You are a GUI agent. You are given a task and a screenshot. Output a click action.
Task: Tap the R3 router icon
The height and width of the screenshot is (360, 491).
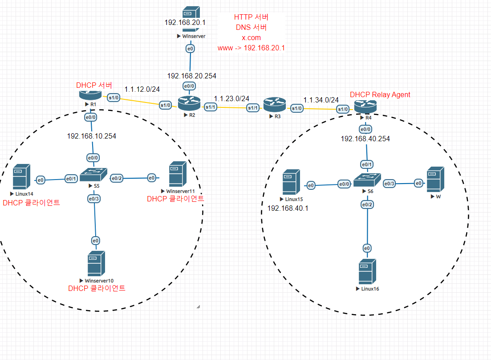point(274,105)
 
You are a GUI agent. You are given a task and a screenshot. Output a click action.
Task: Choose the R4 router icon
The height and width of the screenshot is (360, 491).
point(365,106)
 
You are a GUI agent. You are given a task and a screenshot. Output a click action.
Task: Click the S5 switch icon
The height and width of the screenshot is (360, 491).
point(93,173)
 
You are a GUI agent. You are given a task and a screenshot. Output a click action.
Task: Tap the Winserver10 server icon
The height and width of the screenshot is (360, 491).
point(96,263)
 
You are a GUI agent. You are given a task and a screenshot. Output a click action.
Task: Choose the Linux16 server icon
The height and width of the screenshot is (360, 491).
point(366,271)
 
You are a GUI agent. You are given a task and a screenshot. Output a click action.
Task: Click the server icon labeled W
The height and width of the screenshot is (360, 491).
point(435,179)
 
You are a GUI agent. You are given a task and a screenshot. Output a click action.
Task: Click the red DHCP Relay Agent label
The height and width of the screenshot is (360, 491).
point(380,94)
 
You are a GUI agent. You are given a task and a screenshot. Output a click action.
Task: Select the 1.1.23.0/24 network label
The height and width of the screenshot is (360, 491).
point(231,98)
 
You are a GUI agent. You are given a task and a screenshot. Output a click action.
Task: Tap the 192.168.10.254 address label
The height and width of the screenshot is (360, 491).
point(91,136)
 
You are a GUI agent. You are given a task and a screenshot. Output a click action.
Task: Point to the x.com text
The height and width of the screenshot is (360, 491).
point(251,38)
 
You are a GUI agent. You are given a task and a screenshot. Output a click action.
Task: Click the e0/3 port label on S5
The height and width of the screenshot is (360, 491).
point(94,198)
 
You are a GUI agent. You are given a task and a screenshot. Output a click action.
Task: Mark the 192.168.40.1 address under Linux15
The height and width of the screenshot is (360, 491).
point(288,208)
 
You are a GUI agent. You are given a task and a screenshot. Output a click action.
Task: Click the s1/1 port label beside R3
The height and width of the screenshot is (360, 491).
point(253,108)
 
